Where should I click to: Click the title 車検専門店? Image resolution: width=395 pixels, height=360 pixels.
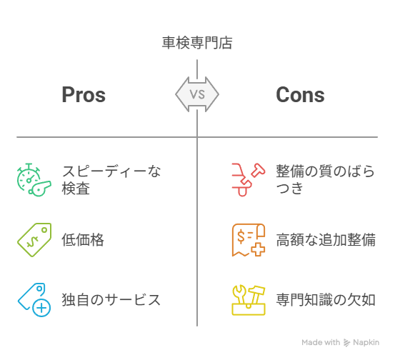(197, 43)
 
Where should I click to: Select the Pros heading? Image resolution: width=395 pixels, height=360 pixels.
(84, 95)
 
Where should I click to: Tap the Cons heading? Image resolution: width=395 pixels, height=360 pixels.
(300, 95)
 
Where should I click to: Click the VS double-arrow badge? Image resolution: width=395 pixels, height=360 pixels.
(197, 94)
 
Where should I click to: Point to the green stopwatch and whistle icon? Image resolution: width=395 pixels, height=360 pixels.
(34, 179)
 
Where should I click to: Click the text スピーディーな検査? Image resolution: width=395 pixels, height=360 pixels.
(111, 179)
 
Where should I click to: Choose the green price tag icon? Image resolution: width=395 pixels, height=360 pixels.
(34, 240)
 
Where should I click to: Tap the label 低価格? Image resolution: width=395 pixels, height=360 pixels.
(83, 239)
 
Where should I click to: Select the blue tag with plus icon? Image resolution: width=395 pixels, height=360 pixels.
(34, 300)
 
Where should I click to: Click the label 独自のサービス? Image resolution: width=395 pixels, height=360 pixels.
(111, 300)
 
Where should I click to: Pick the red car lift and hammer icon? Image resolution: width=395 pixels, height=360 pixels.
(249, 179)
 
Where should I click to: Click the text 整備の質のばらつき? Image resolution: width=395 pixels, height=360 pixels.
(325, 179)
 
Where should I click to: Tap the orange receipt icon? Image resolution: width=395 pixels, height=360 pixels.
(249, 240)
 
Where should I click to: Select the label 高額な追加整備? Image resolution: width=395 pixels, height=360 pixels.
(326, 239)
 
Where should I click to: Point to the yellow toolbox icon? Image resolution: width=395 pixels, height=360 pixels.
(249, 300)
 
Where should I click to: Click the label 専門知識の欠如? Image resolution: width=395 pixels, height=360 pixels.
(326, 300)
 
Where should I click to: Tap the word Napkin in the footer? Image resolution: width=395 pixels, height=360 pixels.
(366, 342)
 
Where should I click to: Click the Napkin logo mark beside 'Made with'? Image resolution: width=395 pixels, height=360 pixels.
(347, 343)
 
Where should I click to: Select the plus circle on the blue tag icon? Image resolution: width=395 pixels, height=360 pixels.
(41, 308)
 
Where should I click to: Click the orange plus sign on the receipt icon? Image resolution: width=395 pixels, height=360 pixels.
(258, 250)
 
